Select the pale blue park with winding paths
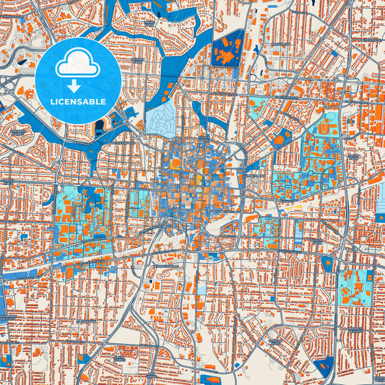[x=163, y=116]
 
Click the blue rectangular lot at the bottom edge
[x=211, y=379]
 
